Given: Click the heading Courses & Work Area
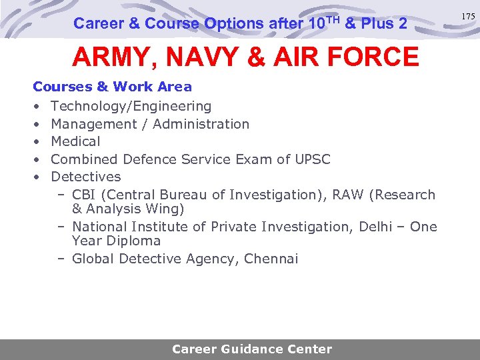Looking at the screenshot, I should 112,87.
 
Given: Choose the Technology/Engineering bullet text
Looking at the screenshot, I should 131,106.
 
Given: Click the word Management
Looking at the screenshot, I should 99,124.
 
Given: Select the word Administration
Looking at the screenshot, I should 201,124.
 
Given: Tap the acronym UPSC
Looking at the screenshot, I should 311,159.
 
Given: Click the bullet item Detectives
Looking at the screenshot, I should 86,177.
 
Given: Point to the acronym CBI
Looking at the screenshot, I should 85,195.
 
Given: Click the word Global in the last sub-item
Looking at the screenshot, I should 94,259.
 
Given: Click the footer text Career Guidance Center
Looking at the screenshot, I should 251,349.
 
